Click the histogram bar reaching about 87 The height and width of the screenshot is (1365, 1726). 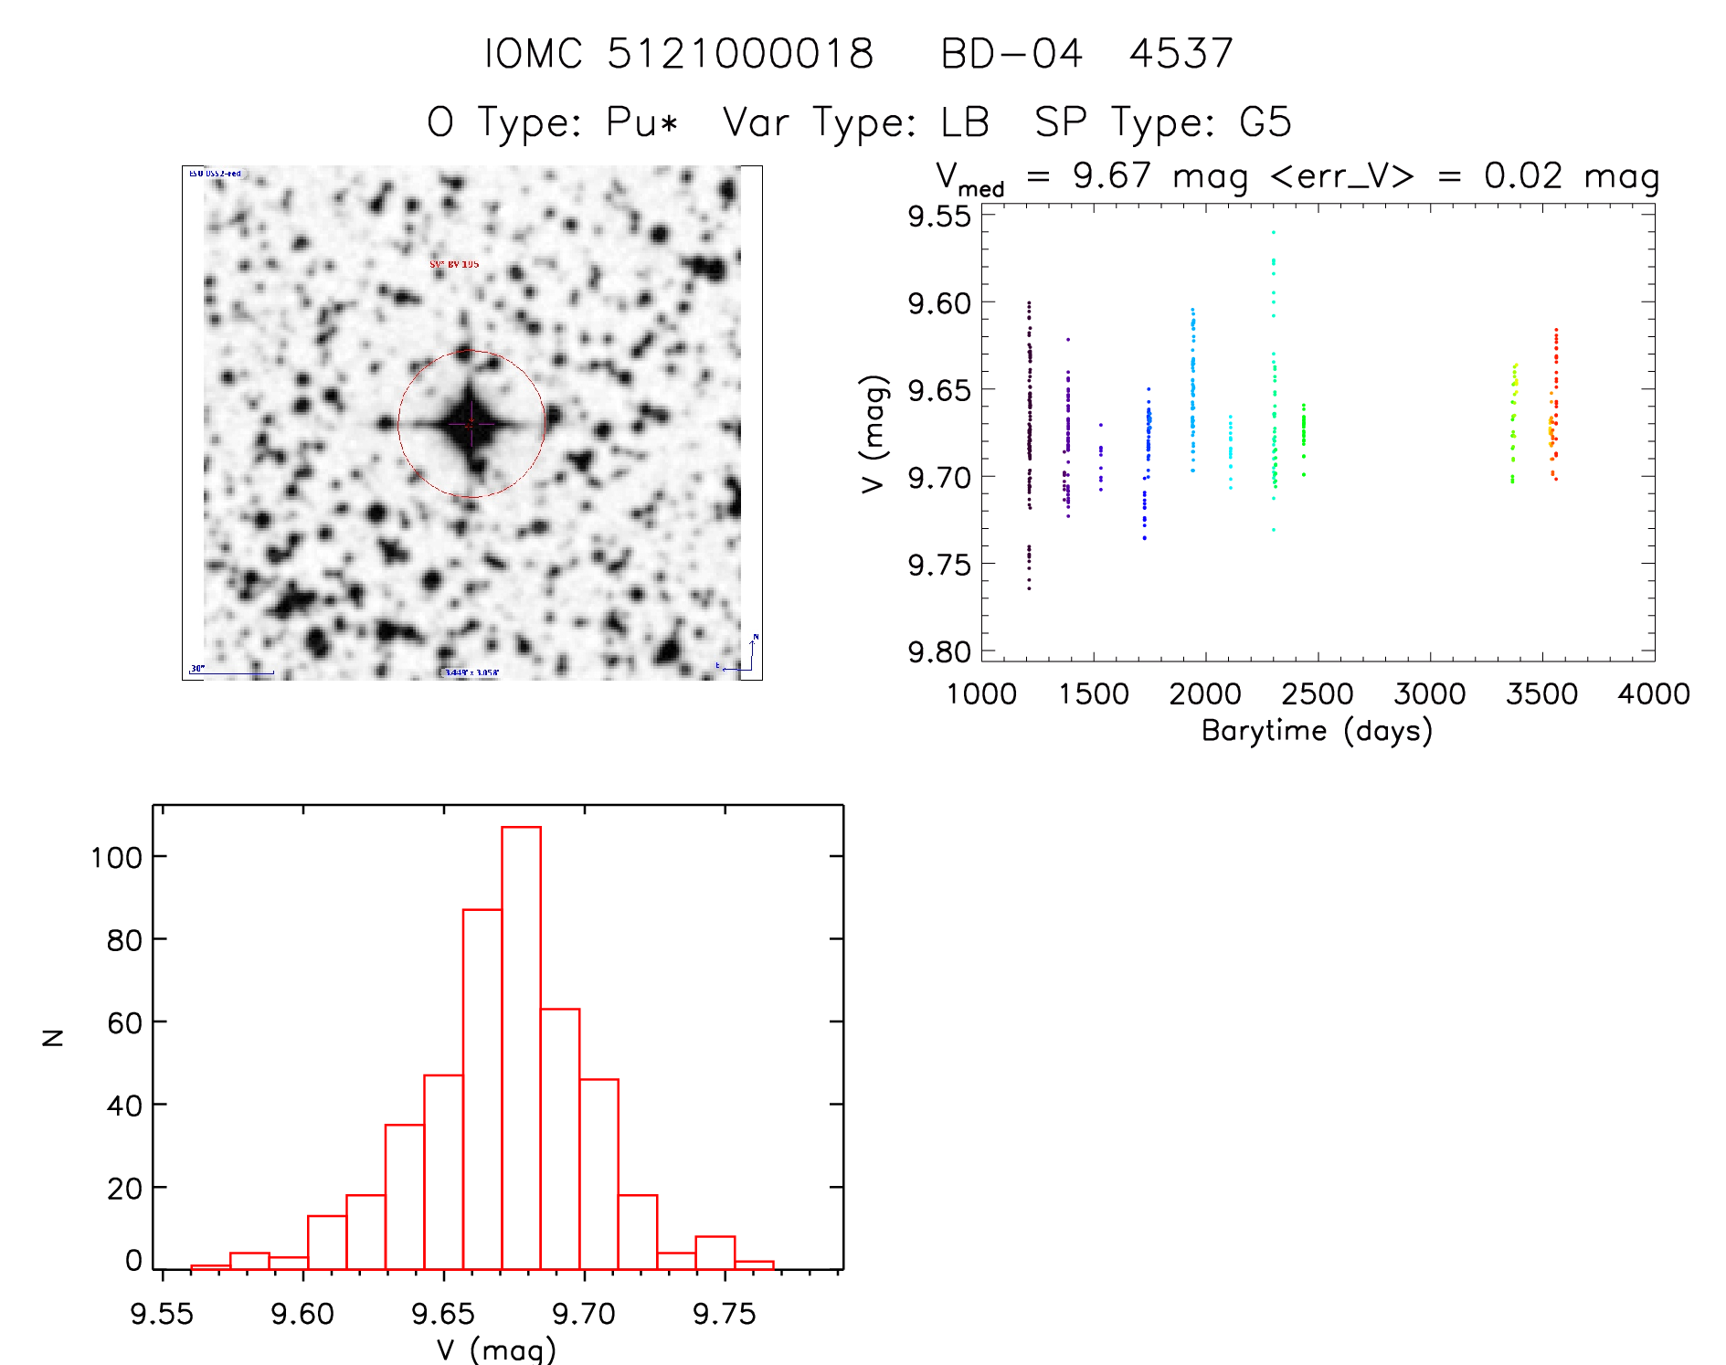pos(482,1088)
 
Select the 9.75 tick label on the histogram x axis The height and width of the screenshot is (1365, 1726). pos(724,1314)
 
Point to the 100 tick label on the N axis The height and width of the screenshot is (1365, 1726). pos(116,857)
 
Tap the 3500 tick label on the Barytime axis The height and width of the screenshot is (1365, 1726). pos(1541,694)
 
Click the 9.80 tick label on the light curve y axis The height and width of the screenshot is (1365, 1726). pos(939,652)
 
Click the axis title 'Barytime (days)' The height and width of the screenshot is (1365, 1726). pos(1317,731)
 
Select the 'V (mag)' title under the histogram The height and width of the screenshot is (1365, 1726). pos(496,1349)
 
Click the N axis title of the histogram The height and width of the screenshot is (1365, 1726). pos(53,1037)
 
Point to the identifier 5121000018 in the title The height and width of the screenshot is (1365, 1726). pos(740,54)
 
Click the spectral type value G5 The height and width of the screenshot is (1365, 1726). pos(1265,122)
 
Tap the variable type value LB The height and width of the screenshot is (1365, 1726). pos(965,122)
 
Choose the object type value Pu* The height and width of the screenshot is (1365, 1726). pos(642,122)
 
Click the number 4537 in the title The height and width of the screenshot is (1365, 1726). pos(1181,54)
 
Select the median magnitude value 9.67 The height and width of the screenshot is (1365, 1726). pos(1112,175)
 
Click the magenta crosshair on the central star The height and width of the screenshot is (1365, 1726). pos(471,424)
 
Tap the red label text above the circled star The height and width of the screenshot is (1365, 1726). pos(454,264)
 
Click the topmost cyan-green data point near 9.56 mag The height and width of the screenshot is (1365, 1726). pos(1273,232)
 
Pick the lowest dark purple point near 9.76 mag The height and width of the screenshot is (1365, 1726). pos(1029,588)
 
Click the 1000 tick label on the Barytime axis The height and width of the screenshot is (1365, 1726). pos(981,694)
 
